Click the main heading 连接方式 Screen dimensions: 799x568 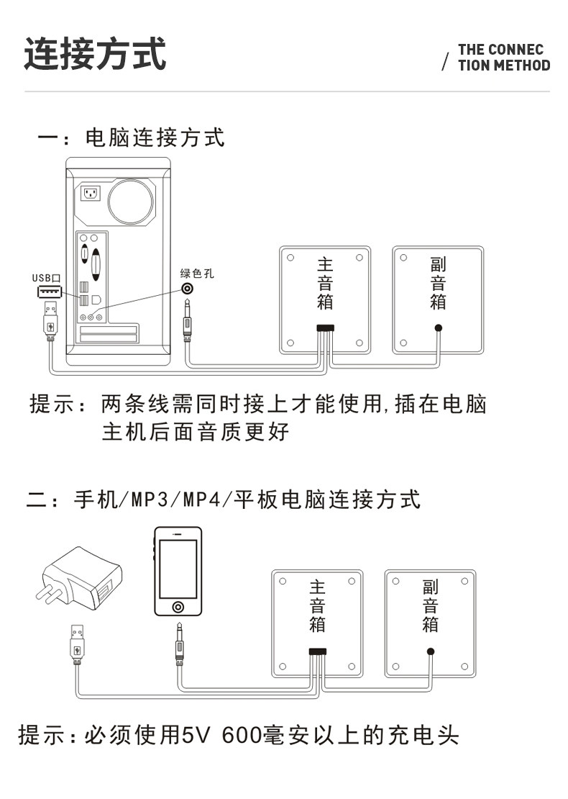[x=95, y=54]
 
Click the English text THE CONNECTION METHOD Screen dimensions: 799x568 [x=503, y=58]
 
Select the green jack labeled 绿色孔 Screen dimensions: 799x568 [x=188, y=289]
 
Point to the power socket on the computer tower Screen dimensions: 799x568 [x=91, y=194]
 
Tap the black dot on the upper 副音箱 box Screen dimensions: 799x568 [x=438, y=328]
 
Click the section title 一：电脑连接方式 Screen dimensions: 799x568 [x=132, y=137]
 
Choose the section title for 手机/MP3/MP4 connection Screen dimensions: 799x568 [x=224, y=499]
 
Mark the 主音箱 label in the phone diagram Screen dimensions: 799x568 [x=317, y=606]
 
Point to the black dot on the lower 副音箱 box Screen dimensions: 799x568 [x=430, y=651]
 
